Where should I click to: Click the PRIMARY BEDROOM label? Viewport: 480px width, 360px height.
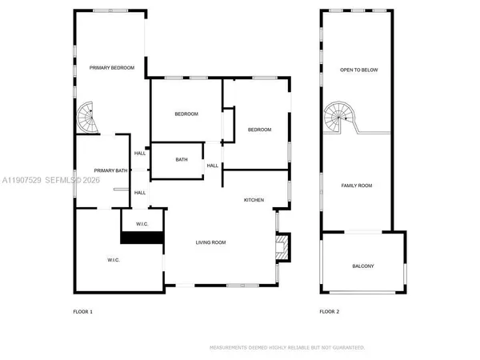point(111,69)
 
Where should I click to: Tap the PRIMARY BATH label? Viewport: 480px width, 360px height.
point(110,170)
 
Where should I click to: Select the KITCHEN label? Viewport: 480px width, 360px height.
point(254,199)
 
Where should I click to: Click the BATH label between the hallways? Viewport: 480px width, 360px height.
point(182,159)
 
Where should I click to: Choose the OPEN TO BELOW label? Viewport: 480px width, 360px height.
point(359,70)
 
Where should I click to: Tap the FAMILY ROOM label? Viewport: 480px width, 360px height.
point(358,186)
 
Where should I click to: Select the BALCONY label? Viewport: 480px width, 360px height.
point(363,266)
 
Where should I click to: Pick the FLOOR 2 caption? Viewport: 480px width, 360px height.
point(330,311)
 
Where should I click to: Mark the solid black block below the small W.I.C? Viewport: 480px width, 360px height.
point(142,237)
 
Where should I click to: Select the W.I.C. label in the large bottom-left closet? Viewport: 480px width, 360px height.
point(114,260)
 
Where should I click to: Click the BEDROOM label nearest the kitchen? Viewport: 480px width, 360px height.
point(259,130)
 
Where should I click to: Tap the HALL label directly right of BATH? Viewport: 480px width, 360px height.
point(213,166)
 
